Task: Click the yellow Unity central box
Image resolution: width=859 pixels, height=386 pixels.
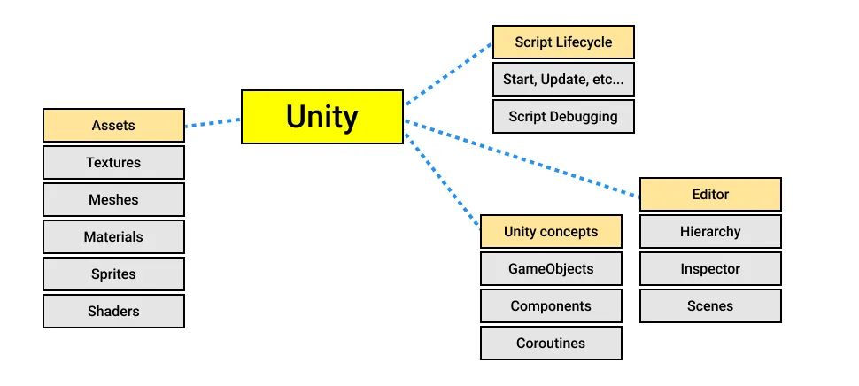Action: click(x=322, y=117)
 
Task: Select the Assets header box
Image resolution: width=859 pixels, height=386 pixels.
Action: click(x=113, y=126)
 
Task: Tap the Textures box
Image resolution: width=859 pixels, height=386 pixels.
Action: click(x=113, y=163)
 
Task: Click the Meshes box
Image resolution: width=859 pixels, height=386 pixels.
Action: click(x=113, y=200)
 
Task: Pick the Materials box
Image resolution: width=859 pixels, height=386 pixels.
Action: click(x=113, y=237)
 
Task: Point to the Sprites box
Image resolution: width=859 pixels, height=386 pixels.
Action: click(x=113, y=274)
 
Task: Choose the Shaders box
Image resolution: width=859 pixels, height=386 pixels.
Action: click(x=113, y=312)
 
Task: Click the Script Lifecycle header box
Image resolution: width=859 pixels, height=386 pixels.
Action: click(x=563, y=42)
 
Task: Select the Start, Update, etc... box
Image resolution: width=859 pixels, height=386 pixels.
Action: click(x=563, y=80)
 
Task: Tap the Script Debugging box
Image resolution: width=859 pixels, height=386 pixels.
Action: click(x=563, y=117)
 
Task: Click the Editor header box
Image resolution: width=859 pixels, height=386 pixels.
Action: click(x=710, y=195)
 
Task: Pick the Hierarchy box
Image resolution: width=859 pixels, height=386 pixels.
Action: click(x=710, y=232)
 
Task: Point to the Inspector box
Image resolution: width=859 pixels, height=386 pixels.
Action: click(x=710, y=269)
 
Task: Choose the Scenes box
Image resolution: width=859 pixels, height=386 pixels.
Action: click(x=710, y=306)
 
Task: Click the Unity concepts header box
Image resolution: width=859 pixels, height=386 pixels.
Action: click(x=551, y=232)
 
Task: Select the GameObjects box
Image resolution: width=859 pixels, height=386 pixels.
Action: click(x=551, y=269)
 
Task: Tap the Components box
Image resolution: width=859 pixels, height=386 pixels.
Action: click(x=551, y=306)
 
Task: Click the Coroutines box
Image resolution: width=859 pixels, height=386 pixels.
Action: click(x=551, y=344)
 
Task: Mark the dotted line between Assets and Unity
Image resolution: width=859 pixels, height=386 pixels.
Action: click(x=213, y=123)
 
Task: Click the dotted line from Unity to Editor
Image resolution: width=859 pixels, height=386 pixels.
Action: click(x=522, y=160)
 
